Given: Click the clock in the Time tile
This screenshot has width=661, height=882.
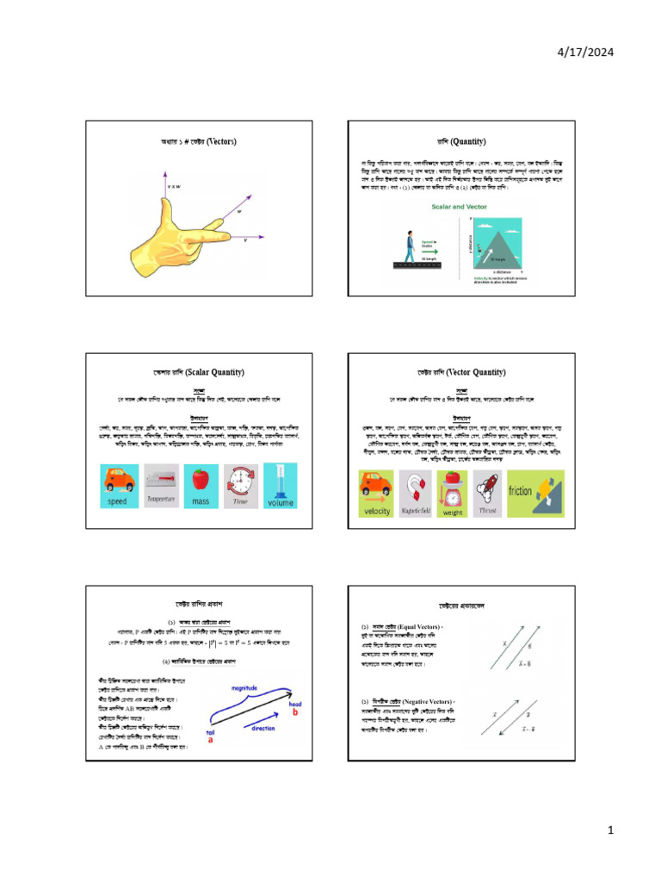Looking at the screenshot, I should (x=242, y=478).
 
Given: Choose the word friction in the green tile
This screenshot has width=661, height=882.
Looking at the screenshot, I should (x=522, y=492).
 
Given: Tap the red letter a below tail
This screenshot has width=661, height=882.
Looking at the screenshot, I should (x=211, y=740).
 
